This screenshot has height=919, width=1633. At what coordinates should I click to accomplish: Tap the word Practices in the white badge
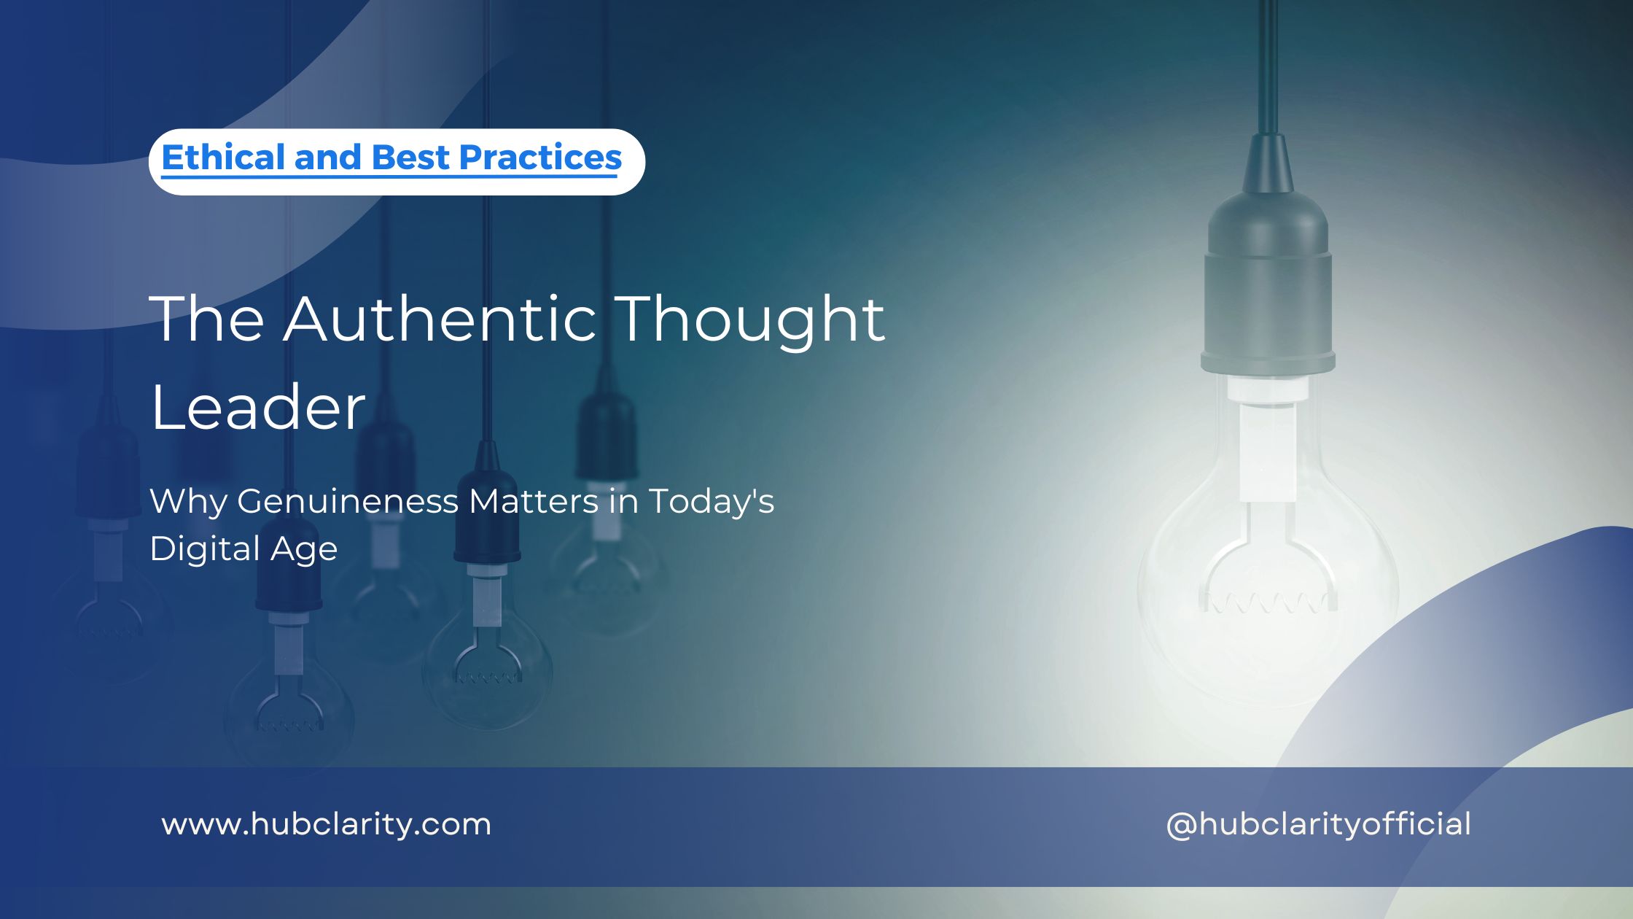pos(540,158)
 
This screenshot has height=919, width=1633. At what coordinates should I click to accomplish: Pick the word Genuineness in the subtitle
pos(348,502)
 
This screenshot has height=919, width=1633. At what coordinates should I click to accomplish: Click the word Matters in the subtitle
pos(534,502)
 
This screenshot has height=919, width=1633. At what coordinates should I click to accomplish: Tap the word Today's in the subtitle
pos(712,502)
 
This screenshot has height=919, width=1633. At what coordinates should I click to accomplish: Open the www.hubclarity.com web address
pos(327,825)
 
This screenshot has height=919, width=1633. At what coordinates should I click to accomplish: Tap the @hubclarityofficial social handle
pos(1318,825)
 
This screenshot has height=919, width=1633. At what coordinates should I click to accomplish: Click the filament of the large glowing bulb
pos(1268,602)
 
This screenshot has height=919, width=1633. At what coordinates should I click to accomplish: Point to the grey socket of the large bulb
pos(1268,292)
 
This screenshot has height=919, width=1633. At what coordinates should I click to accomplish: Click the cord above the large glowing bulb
pos(1268,66)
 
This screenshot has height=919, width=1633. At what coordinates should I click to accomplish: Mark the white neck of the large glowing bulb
pos(1268,445)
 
